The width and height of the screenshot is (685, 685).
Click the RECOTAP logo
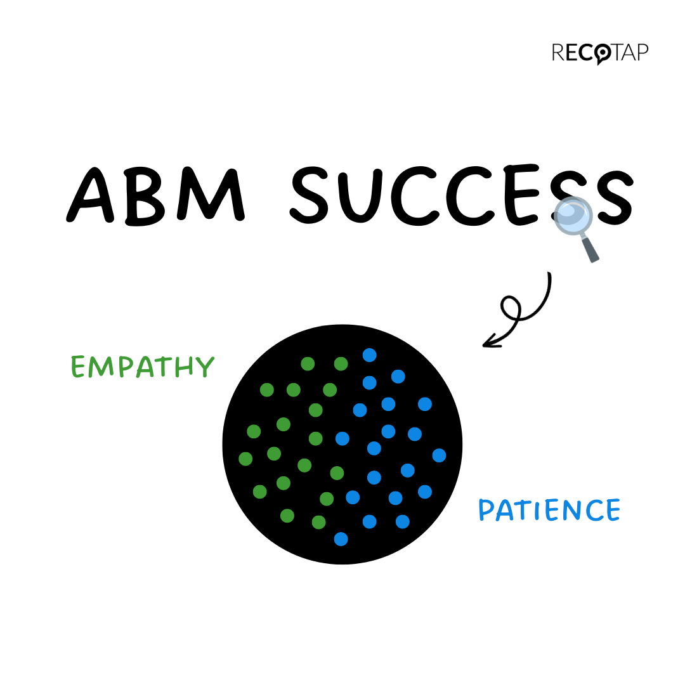599,53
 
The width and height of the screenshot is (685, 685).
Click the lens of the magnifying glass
572,216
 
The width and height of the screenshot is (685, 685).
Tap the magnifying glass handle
590,249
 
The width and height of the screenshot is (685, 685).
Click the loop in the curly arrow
510,308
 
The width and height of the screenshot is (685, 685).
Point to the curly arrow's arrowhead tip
484,345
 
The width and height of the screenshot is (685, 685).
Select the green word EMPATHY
142,366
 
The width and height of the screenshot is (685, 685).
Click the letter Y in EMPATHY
205,367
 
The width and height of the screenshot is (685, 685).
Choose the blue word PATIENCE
549,510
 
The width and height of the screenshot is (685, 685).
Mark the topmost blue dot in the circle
369,355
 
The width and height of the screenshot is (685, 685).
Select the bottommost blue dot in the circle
341,538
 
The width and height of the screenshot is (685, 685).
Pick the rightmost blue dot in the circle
439,455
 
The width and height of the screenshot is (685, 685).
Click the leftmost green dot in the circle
245,458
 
